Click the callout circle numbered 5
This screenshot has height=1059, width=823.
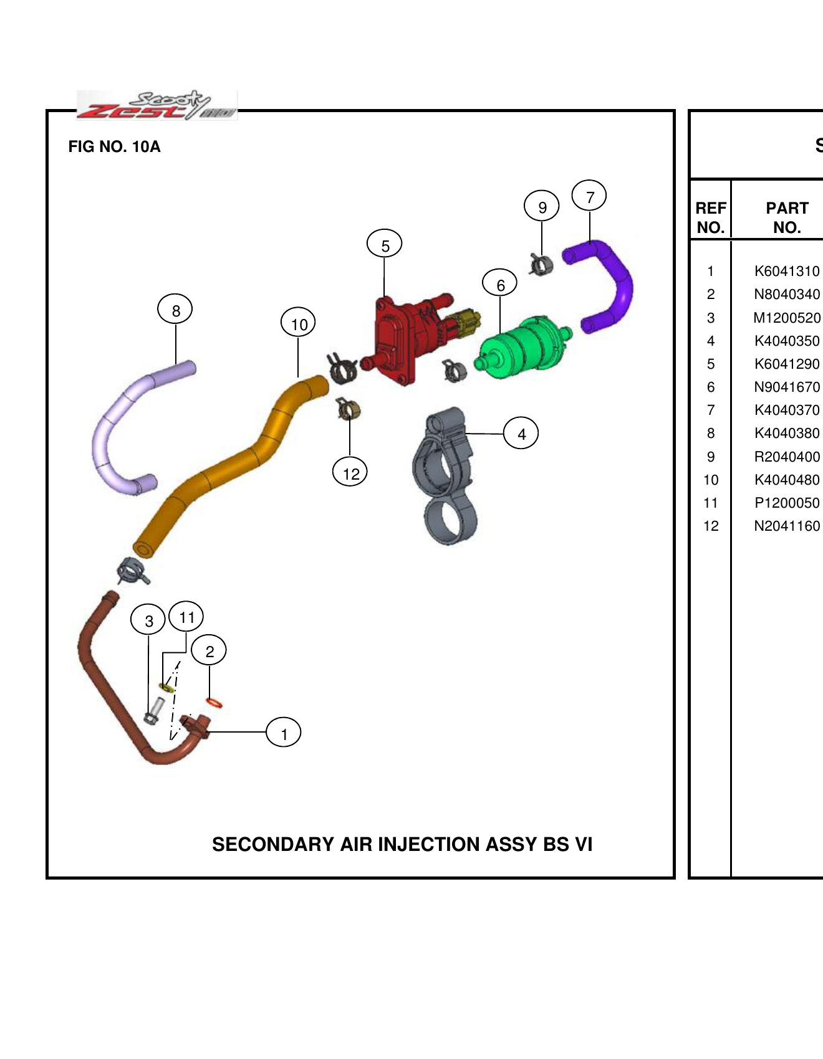coord(385,245)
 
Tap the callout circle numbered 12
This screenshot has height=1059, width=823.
coord(350,473)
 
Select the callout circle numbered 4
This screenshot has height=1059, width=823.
coord(521,434)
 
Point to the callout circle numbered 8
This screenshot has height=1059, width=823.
coord(175,310)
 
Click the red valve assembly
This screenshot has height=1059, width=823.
coord(399,340)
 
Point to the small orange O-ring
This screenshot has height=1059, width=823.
coord(214,703)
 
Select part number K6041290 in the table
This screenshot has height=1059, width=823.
coord(786,364)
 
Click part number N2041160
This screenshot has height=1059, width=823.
coord(786,526)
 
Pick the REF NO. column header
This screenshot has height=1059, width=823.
coord(711,217)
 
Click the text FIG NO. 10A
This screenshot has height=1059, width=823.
coord(114,147)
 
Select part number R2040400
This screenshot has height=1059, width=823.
coord(786,457)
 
